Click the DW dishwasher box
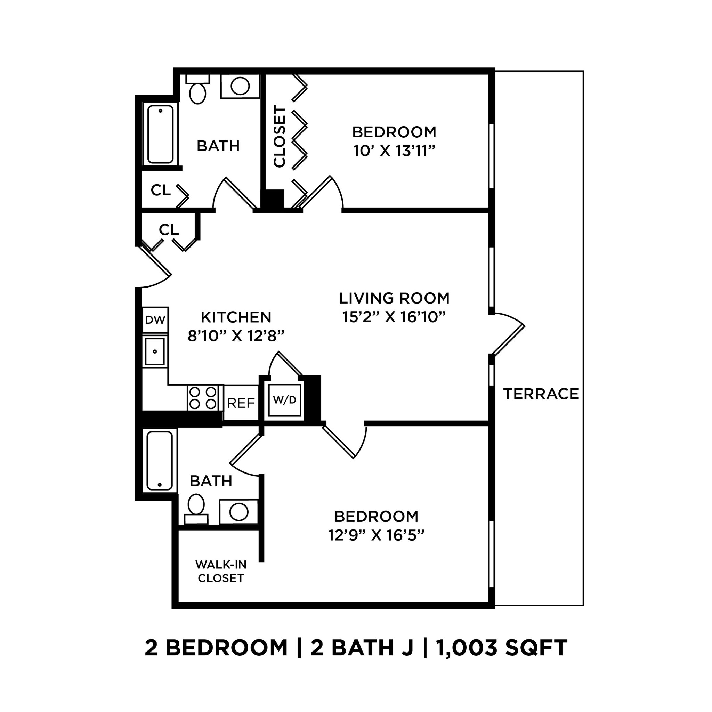155,320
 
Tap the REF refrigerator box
241,403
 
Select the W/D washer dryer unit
284,400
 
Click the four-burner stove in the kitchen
202,398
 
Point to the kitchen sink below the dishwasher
155,351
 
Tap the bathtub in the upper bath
160,135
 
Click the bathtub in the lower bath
160,460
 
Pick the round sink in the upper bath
240,86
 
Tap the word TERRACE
541,394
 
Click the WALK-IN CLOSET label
221,571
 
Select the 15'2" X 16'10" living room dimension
394,317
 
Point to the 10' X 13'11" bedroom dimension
394,151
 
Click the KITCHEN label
236,317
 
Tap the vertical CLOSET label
280,136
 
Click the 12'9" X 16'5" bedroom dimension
376,535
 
